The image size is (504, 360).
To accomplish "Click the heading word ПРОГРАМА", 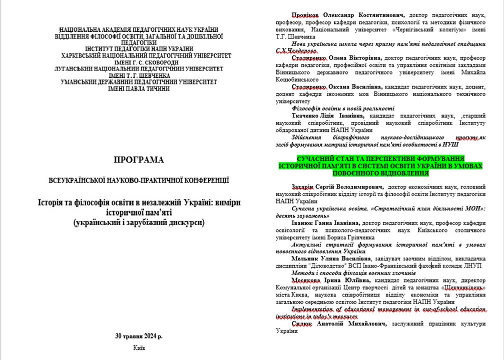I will (x=139, y=160).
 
